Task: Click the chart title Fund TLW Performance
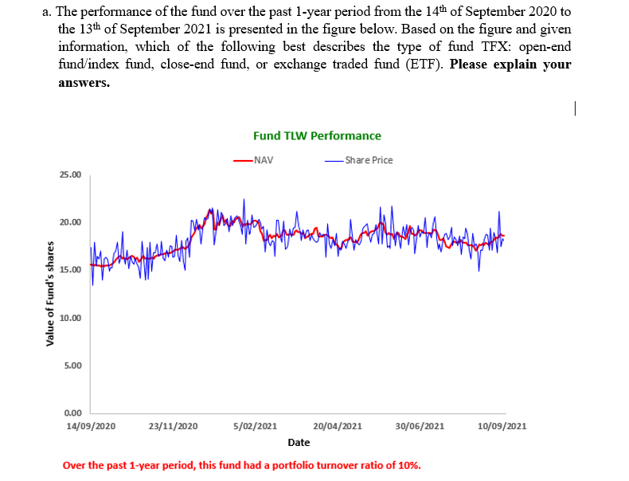317,135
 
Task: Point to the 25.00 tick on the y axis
69,174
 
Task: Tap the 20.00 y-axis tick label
69,222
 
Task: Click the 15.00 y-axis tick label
69,270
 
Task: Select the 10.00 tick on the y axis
69,318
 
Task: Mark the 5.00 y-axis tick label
72,366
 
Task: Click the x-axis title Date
299,442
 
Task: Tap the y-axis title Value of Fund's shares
51,294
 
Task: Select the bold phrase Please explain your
510,64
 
